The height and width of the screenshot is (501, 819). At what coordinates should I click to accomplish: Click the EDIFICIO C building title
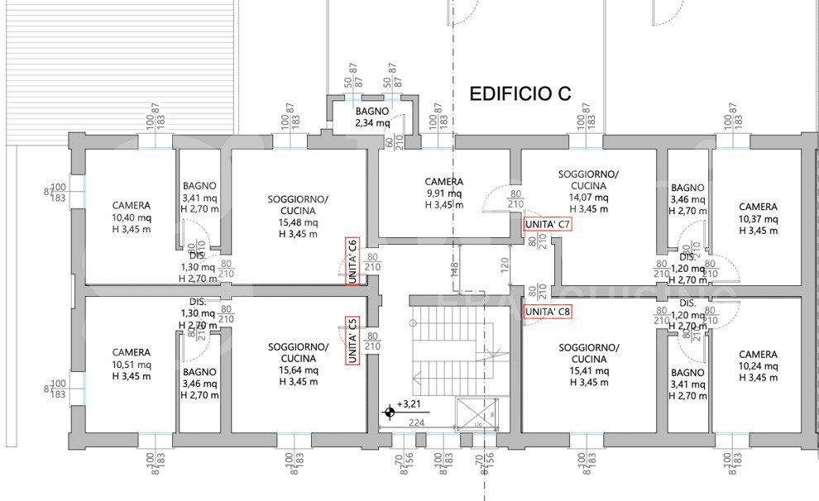click(520, 94)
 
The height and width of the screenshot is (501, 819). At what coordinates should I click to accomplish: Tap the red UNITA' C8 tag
click(548, 312)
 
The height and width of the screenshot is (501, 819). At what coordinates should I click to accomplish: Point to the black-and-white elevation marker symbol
click(389, 411)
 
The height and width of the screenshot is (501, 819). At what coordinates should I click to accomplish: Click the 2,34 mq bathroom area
click(372, 123)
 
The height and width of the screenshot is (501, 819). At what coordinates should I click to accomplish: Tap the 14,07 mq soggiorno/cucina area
click(588, 198)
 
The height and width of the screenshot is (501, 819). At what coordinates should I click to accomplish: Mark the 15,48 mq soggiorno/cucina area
click(298, 222)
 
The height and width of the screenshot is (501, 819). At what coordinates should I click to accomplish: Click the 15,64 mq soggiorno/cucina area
click(298, 370)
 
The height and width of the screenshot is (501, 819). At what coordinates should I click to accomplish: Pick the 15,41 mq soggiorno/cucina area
click(588, 371)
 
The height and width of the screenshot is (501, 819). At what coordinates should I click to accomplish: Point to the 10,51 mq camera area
click(132, 365)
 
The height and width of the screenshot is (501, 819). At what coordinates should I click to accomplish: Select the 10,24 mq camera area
click(758, 366)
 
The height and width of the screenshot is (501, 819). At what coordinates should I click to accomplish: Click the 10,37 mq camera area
click(758, 219)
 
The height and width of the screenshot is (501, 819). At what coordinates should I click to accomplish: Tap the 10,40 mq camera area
click(132, 218)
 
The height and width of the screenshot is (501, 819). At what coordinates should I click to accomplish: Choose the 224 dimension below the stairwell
click(417, 422)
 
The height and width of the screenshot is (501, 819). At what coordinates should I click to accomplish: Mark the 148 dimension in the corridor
click(454, 269)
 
